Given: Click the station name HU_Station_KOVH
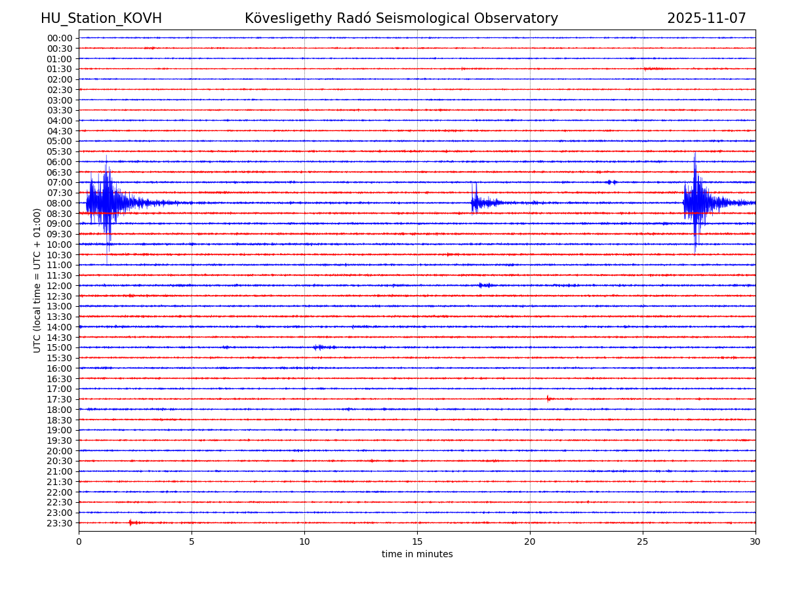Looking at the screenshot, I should click(101, 19).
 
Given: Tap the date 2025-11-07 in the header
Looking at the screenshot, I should click(706, 19).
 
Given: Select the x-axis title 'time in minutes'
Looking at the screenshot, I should click(417, 555).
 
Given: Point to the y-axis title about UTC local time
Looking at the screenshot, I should click(37, 280).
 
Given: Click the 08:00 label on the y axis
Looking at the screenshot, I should click(60, 203).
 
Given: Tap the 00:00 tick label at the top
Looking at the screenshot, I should click(60, 38).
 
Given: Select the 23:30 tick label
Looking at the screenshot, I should click(60, 523).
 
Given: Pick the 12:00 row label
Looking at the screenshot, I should click(60, 286).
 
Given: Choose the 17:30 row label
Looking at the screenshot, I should click(60, 399).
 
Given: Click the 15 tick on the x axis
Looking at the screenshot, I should click(417, 541).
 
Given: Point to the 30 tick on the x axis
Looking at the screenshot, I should click(756, 541).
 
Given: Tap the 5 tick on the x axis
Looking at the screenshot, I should click(192, 541).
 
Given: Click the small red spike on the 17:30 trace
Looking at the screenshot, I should click(548, 399).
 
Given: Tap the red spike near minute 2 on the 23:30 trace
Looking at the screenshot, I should click(131, 522).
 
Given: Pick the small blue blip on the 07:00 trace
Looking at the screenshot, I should click(611, 182).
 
